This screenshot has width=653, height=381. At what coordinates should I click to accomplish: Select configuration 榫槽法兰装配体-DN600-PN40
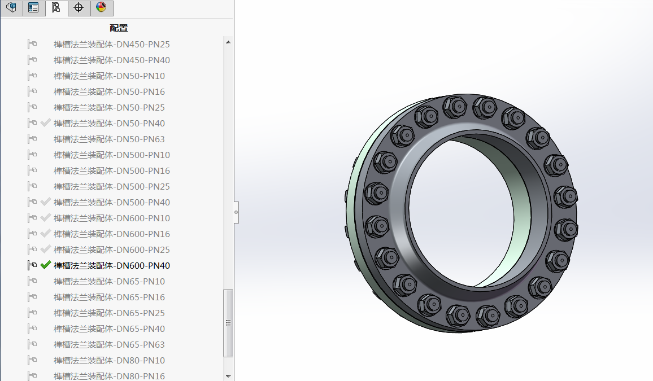tap(112, 265)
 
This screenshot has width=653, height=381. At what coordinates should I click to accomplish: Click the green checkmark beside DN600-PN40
tap(46, 265)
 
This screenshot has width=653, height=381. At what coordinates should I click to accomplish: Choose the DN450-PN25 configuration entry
tap(112, 44)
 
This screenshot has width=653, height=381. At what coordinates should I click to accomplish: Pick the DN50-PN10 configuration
tap(109, 76)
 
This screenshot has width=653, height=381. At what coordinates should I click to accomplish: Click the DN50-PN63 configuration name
tap(109, 139)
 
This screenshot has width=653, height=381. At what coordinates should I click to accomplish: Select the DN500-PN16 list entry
tap(112, 170)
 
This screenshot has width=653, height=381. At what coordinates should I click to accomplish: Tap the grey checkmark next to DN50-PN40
tap(46, 122)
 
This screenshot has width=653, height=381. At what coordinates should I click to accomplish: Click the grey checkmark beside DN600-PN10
tap(46, 217)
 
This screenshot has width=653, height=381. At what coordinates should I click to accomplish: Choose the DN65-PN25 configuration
tap(109, 313)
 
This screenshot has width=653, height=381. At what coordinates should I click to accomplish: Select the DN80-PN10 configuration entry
tap(109, 360)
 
